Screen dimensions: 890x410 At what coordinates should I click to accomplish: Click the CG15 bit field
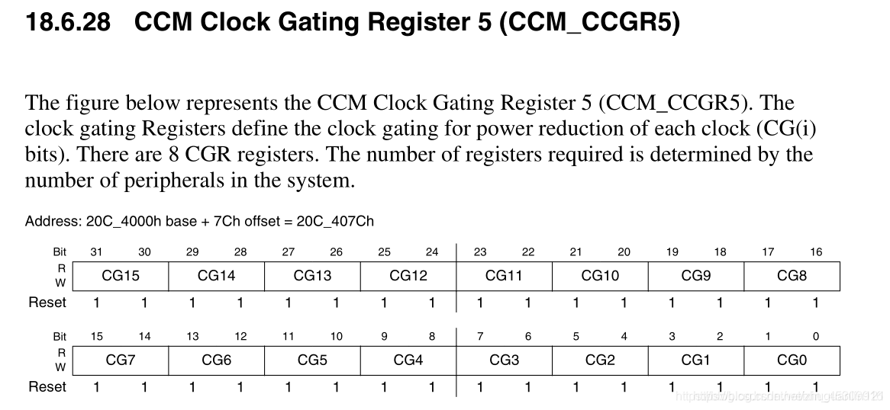click(x=121, y=276)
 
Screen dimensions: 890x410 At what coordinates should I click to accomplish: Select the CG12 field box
click(x=408, y=276)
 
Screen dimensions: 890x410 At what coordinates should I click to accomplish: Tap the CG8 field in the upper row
click(x=792, y=276)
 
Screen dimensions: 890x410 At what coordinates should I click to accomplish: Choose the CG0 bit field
click(x=792, y=360)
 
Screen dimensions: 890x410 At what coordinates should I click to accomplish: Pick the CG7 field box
click(x=121, y=360)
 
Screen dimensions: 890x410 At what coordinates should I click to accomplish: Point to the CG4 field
click(x=408, y=360)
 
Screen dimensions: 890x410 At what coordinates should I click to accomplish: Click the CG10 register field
click(x=600, y=276)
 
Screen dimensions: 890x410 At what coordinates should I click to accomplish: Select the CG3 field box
click(x=505, y=360)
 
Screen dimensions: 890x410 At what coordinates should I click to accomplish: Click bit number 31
click(x=97, y=252)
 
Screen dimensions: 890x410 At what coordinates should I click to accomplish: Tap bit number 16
click(x=816, y=252)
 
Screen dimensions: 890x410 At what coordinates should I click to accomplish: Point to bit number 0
click(x=816, y=336)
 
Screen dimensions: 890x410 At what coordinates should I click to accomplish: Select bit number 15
click(x=97, y=336)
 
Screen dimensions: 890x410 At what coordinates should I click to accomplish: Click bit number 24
click(x=432, y=252)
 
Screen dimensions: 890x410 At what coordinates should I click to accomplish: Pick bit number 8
click(x=432, y=336)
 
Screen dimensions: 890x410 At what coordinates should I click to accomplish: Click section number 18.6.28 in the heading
click(x=68, y=22)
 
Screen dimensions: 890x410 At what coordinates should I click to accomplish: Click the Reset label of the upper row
click(x=47, y=303)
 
